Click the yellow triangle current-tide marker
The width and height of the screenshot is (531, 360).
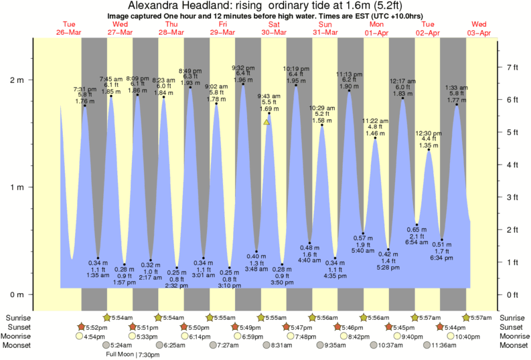pyautogui.click(x=267, y=122)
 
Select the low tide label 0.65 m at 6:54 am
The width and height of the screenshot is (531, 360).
pyautogui.click(x=416, y=236)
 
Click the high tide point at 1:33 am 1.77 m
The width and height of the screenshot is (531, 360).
pyautogui.click(x=457, y=104)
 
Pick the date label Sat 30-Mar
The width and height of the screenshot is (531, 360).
pyautogui.click(x=275, y=27)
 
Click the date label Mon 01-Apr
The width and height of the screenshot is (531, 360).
pyautogui.click(x=377, y=27)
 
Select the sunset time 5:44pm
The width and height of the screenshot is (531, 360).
pyautogui.click(x=454, y=327)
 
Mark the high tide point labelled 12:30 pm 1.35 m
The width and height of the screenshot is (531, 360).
pyautogui.click(x=429, y=150)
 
